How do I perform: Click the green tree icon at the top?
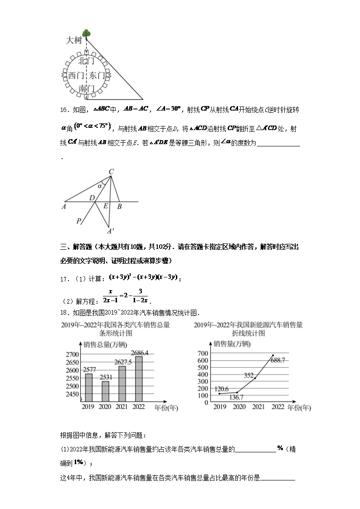point(86,33)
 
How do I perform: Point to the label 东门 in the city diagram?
point(97,76)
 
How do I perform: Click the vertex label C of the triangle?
point(111,171)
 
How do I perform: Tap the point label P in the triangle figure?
point(78,221)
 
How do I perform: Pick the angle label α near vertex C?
point(100,186)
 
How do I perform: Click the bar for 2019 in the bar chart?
point(88,388)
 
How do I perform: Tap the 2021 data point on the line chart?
point(255,378)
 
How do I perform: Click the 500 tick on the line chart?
point(203,368)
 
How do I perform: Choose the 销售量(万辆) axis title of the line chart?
point(231,344)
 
